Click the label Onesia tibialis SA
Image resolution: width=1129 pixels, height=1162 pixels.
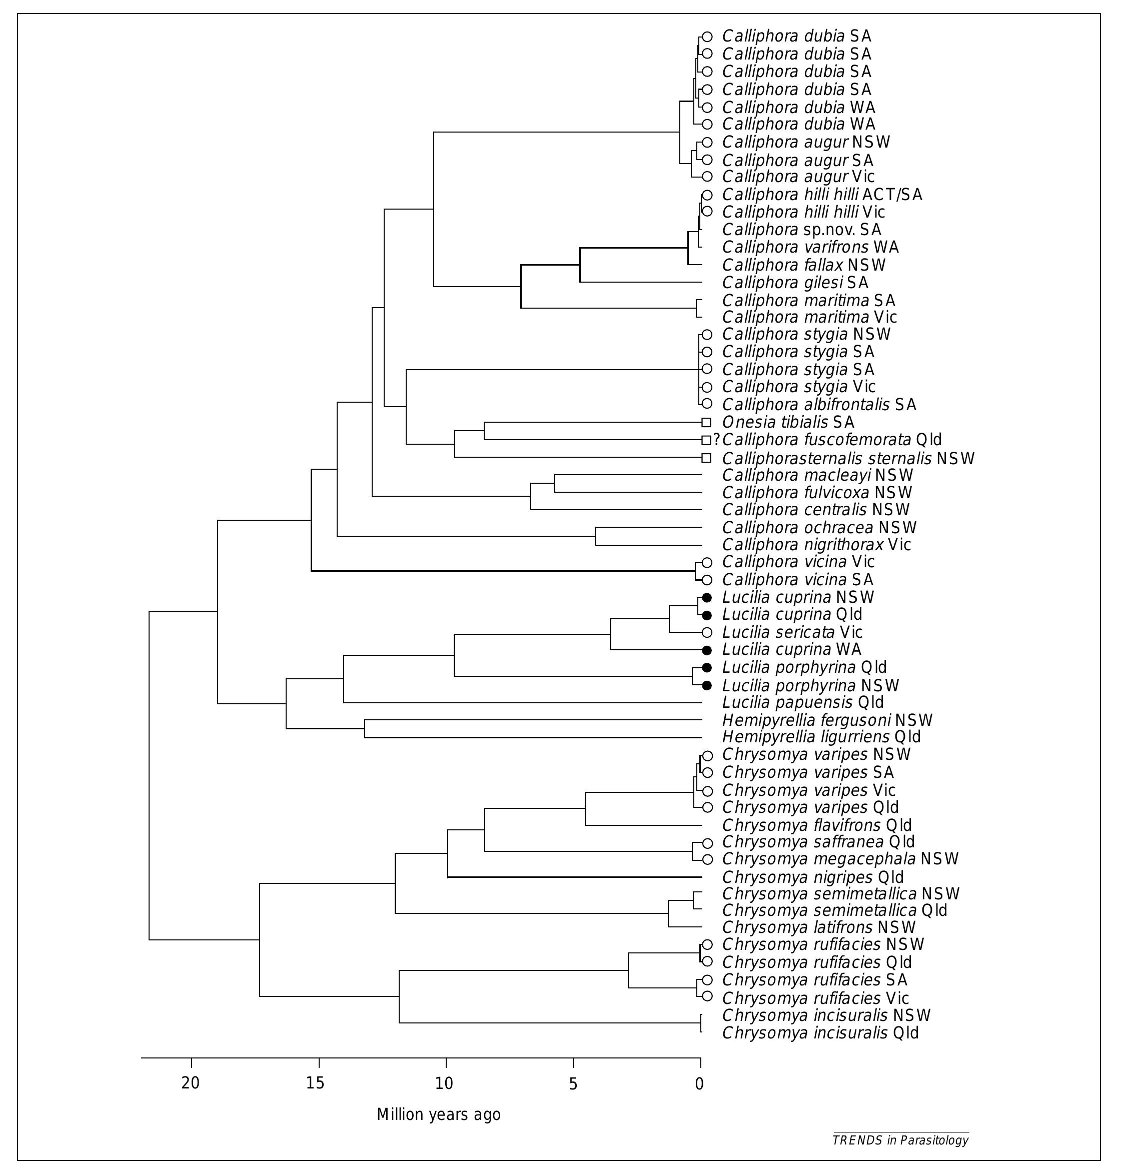[x=787, y=423]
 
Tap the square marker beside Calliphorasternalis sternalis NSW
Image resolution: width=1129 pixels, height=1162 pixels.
[x=706, y=458]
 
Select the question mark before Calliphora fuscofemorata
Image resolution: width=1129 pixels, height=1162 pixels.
[x=716, y=440]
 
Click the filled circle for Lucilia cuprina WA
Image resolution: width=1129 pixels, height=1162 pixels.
[x=706, y=650]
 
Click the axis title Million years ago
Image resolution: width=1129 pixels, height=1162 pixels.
[x=439, y=1114]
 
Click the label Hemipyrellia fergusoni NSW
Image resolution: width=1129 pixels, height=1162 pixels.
[x=826, y=720]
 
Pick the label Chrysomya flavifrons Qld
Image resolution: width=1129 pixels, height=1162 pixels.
[x=816, y=825]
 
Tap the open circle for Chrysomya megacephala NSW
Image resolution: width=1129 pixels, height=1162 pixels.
[x=707, y=859]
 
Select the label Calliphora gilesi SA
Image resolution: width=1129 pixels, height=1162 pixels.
[x=794, y=282]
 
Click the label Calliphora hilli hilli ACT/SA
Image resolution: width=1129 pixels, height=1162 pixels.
[x=822, y=195]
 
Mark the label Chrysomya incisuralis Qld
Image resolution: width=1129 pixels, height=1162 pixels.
[x=819, y=1033]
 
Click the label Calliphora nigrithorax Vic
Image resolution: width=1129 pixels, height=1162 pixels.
[x=816, y=544]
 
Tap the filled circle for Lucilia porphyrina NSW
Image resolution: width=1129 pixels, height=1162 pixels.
[x=706, y=685]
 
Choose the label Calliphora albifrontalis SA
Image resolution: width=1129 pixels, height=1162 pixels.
[x=819, y=404]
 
